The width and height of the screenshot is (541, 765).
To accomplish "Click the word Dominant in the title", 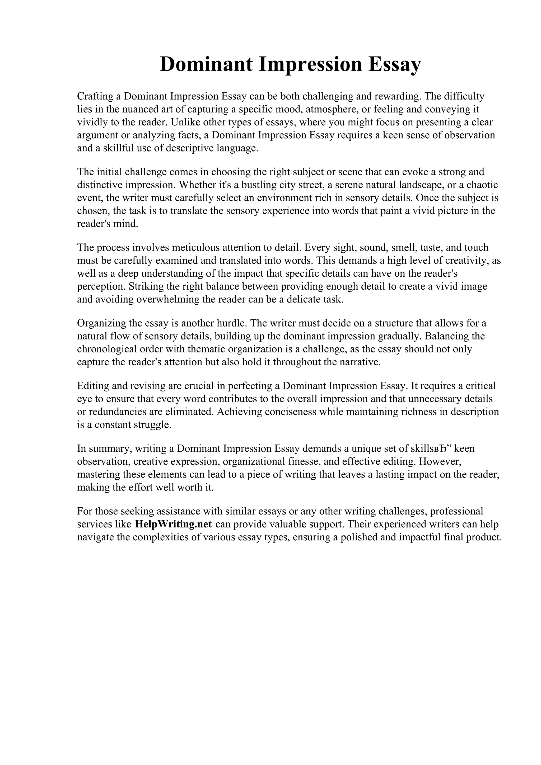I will tap(206, 64).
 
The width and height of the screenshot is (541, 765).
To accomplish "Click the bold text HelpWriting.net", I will tap(173, 524).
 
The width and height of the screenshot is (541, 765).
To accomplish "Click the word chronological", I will tap(107, 349).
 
